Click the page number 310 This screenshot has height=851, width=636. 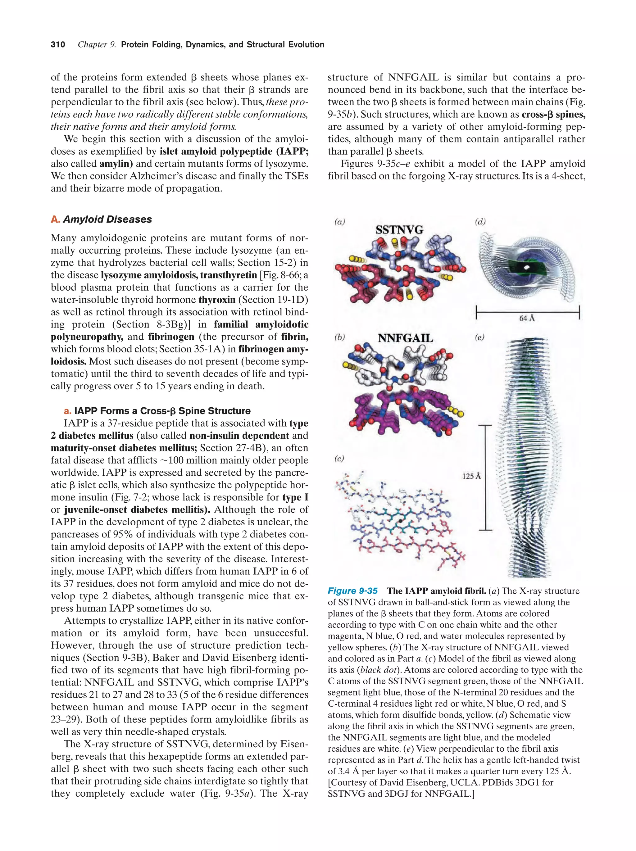(x=58, y=45)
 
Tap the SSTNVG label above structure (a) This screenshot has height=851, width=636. (x=399, y=230)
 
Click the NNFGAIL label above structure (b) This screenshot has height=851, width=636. (x=405, y=338)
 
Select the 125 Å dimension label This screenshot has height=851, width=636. (x=471, y=476)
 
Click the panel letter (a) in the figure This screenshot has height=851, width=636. (x=339, y=222)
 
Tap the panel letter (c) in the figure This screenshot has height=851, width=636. (x=339, y=458)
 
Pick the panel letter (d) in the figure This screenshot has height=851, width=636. (x=480, y=222)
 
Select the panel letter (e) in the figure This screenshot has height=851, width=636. (x=479, y=337)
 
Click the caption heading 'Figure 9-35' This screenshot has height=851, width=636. (x=352, y=591)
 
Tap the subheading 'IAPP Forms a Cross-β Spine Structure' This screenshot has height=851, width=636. (x=162, y=411)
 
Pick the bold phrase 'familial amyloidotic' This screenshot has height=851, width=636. (x=261, y=324)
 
